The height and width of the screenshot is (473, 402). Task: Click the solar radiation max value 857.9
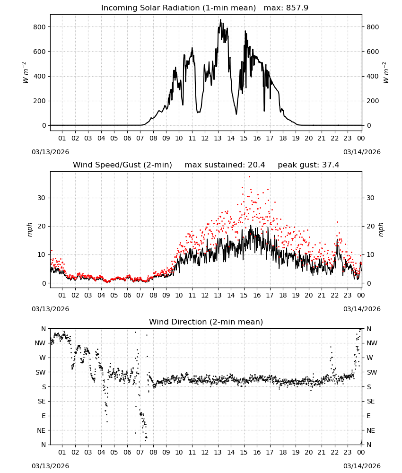pos(297,8)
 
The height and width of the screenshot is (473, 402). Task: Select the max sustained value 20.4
pos(256,165)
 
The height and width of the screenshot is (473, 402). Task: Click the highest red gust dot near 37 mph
pos(249,177)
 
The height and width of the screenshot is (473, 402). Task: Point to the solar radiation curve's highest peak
pos(220,20)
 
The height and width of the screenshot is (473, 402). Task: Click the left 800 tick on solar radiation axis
pos(40,27)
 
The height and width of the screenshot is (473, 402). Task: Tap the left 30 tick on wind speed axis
pos(42,198)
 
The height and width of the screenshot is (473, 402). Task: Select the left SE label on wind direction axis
pos(42,401)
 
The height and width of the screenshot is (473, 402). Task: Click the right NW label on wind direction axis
pos(372,343)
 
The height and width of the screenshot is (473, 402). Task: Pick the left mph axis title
pos(29,229)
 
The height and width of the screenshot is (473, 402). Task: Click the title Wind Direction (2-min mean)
pos(206,322)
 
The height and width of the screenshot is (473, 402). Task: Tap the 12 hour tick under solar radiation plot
pos(205,138)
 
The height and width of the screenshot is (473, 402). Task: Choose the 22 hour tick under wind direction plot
pos(334,452)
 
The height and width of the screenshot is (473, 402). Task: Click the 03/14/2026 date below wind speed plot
pos(362,309)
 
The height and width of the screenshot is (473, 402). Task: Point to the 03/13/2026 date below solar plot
pos(50,152)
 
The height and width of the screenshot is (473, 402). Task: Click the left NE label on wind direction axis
pos(41,430)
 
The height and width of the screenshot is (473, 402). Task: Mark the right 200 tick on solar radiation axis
pos(373,101)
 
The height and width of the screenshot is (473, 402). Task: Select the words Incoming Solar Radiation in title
pos(150,8)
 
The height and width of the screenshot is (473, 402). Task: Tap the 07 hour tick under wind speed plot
pos(140,295)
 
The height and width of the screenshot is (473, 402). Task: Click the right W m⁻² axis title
pos(386,73)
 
